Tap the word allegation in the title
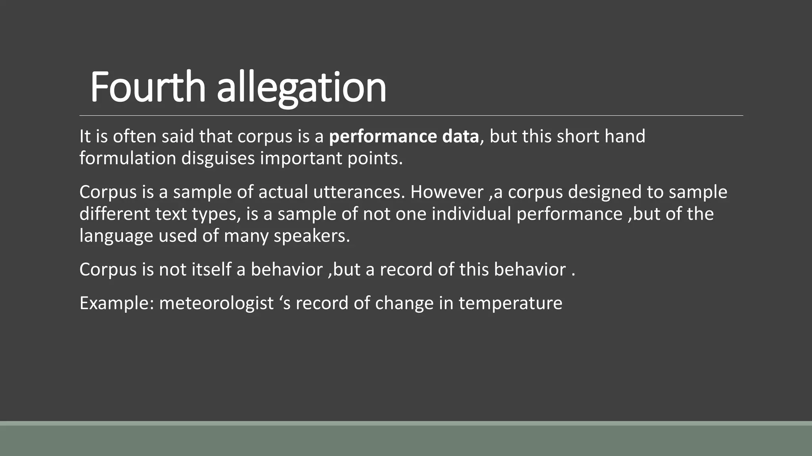(x=301, y=88)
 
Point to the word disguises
(x=218, y=159)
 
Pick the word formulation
(x=128, y=158)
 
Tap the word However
(x=447, y=192)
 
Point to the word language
(x=116, y=236)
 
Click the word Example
(x=117, y=304)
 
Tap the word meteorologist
(x=216, y=304)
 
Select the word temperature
(x=510, y=304)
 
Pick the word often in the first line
(x=134, y=137)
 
